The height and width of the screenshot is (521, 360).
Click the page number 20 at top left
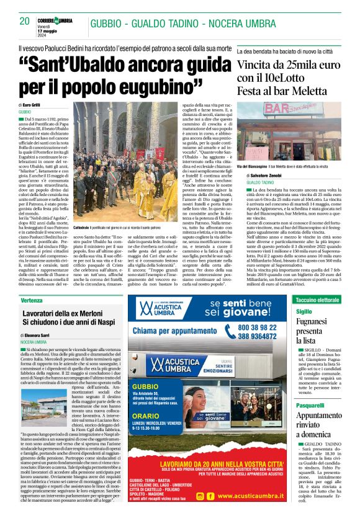pos(25,21)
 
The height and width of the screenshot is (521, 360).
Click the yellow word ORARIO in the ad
pos(146,416)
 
